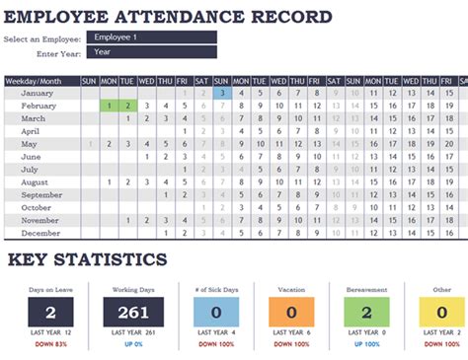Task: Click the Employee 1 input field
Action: tap(151, 37)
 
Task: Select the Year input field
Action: tap(151, 52)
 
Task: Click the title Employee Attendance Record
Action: tap(168, 17)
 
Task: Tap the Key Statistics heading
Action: tap(88, 259)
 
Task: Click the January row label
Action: tap(38, 93)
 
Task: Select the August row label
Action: tap(37, 181)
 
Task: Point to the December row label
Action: tap(39, 234)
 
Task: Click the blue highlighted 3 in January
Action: tap(223, 93)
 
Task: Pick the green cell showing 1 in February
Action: tap(108, 106)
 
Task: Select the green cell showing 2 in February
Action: tap(126, 106)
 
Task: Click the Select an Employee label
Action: tap(42, 38)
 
